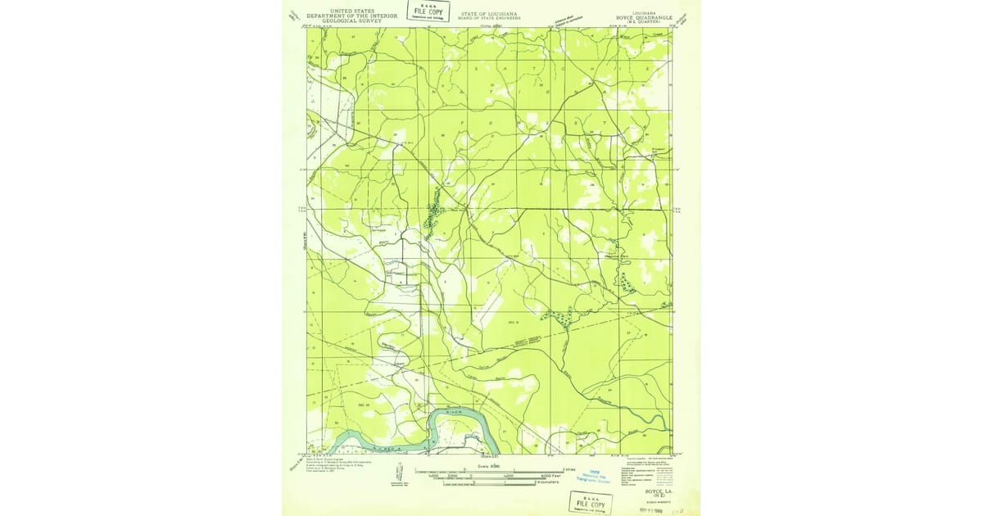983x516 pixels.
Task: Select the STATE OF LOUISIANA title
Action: pyautogui.click(x=491, y=12)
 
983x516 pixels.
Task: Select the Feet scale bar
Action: pyautogui.click(x=490, y=476)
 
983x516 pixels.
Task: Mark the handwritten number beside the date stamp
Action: pyautogui.click(x=677, y=508)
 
